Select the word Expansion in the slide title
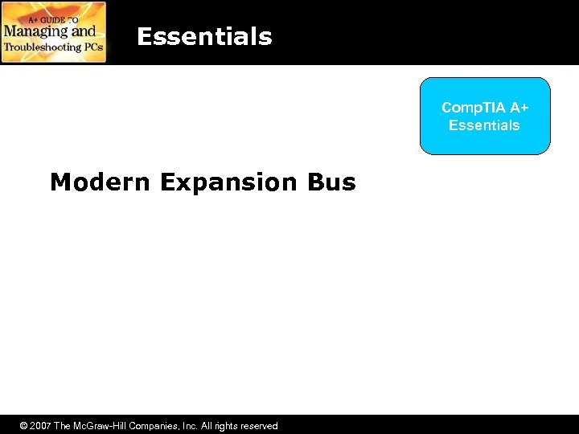pyautogui.click(x=228, y=182)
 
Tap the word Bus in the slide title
pyautogui.click(x=331, y=182)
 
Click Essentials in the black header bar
pyautogui.click(x=204, y=37)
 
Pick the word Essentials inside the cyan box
pyautogui.click(x=484, y=125)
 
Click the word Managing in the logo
pyautogui.click(x=32, y=31)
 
